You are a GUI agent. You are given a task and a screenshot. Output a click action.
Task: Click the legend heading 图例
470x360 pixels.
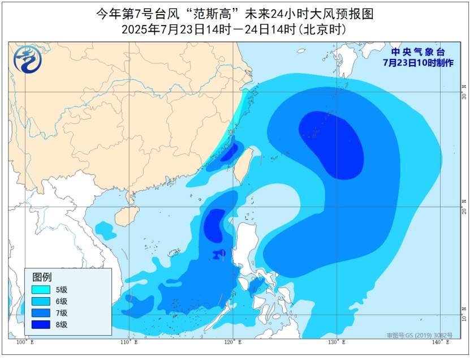[42, 277]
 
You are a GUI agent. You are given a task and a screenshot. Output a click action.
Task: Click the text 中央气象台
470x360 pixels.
[418, 52]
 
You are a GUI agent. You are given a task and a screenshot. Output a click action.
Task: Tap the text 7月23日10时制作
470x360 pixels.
[418, 63]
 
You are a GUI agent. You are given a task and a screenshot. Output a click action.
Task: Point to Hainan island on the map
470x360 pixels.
[125, 216]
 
